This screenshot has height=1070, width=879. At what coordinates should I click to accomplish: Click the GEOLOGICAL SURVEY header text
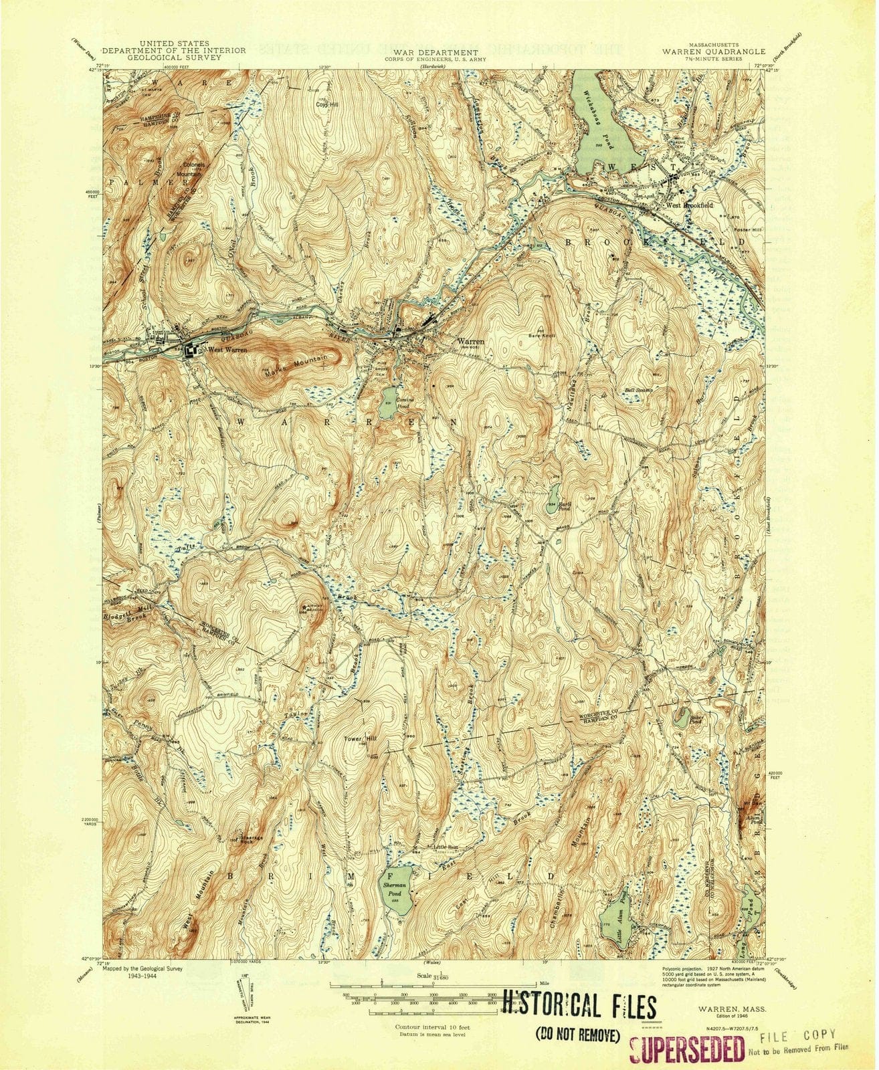pos(175,58)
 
